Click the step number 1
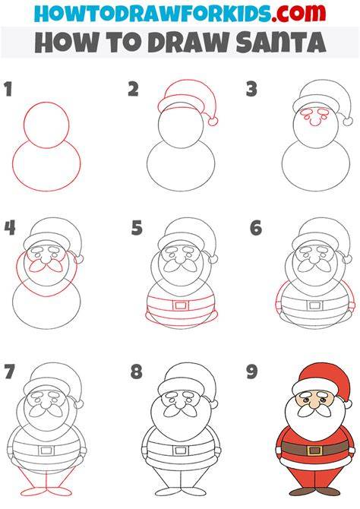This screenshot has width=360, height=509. click(x=8, y=90)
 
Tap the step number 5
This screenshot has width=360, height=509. click(x=137, y=228)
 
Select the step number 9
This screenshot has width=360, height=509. click(x=252, y=371)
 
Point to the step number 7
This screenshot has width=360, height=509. click(x=9, y=371)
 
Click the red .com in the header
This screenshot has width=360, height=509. click(x=298, y=13)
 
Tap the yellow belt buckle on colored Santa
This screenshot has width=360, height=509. click(x=314, y=451)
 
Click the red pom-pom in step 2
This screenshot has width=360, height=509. click(x=213, y=122)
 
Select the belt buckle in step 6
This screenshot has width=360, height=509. click(x=314, y=305)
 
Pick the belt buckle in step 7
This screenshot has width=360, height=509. click(x=46, y=451)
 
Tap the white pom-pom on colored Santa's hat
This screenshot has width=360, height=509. click(x=347, y=404)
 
